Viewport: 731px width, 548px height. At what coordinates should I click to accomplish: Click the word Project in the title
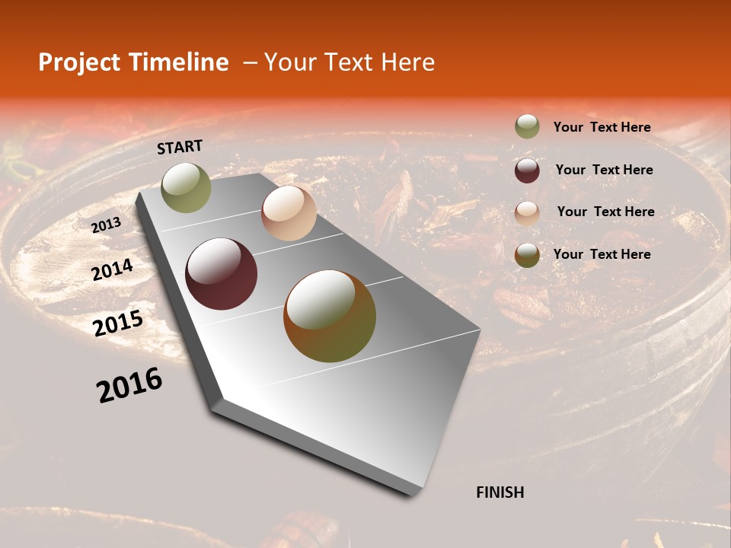pos(78,62)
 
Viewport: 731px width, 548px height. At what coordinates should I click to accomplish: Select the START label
pos(180,147)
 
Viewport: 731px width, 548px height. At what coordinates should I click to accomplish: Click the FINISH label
pos(500,492)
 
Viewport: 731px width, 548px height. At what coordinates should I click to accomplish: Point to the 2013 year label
pos(106,225)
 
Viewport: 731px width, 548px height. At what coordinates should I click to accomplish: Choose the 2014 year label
pos(113,269)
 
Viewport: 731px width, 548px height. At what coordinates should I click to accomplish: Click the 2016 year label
pos(129,385)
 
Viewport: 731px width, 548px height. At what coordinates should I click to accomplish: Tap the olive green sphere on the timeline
pos(186,187)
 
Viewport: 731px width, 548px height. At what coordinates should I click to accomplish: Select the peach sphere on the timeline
pos(289,213)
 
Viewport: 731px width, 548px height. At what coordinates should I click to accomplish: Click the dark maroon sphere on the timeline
pos(222,274)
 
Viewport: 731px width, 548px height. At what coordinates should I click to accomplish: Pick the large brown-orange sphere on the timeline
pos(330,316)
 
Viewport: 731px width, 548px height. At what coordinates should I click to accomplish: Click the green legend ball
pos(527,127)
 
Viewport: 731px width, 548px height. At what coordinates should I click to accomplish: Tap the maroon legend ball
pos(527,170)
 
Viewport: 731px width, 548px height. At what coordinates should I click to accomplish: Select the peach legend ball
pos(527,212)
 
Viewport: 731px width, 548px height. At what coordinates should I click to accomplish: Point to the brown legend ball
pos(527,254)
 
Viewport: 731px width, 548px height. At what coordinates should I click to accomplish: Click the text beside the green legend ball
pos(602,128)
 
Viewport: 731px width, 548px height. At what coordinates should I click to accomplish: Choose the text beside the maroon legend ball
pos(605,170)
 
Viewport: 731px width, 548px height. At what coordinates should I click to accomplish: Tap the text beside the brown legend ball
pos(602,254)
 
